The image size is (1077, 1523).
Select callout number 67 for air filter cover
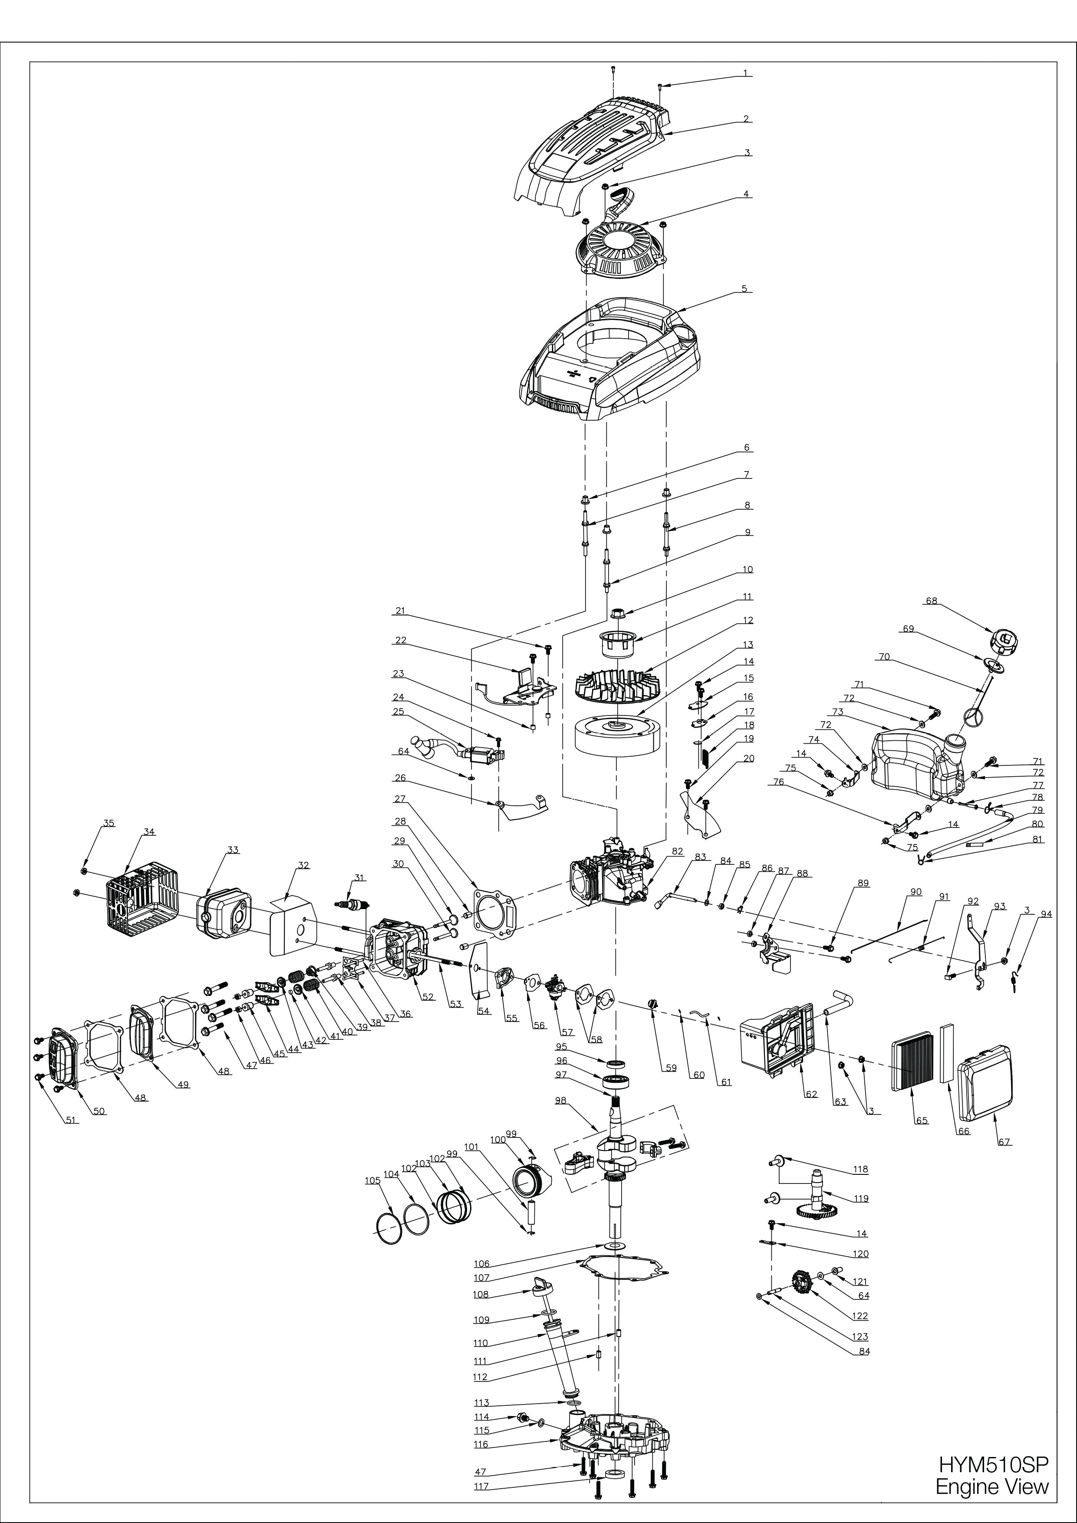coord(1004,1141)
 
